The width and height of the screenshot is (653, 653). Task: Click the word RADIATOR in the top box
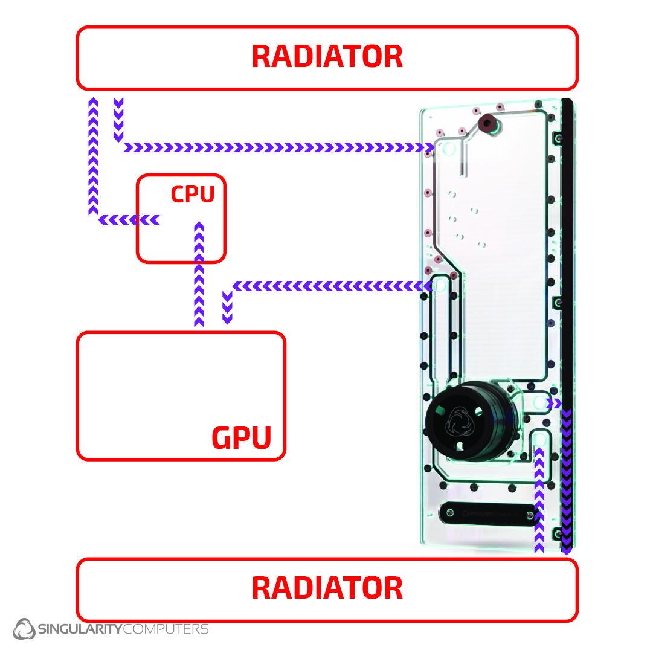coord(327,56)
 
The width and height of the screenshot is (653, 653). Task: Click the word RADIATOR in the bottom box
coord(327,588)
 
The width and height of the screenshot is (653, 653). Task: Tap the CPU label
coord(192,195)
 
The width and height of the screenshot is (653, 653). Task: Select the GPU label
coord(241,437)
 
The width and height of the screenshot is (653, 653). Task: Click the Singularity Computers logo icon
coord(25,629)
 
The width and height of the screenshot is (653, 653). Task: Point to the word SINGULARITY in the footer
coord(80,629)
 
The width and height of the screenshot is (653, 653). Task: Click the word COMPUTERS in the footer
coord(166,629)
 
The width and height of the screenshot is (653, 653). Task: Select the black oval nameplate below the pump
coord(488,514)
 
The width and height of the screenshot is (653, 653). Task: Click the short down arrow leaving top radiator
coord(118,118)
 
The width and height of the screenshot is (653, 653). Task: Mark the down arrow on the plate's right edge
coord(566,477)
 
